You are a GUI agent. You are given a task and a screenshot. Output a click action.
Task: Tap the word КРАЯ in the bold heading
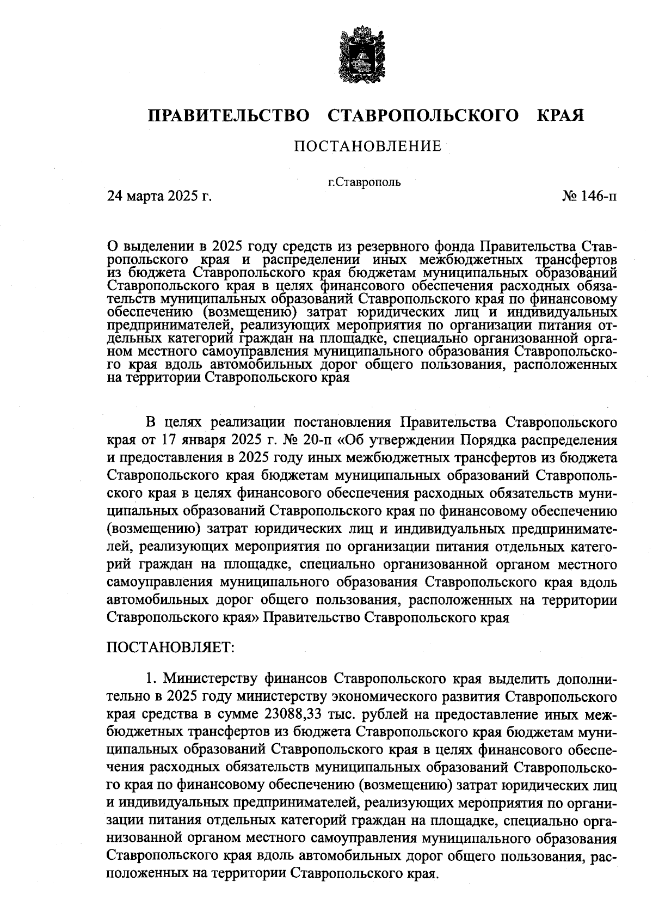(x=560, y=116)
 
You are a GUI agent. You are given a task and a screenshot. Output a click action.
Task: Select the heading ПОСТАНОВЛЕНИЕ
(x=367, y=146)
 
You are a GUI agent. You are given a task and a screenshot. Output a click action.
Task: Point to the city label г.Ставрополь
(x=364, y=182)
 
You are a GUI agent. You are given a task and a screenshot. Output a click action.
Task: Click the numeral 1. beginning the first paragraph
(x=151, y=678)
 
